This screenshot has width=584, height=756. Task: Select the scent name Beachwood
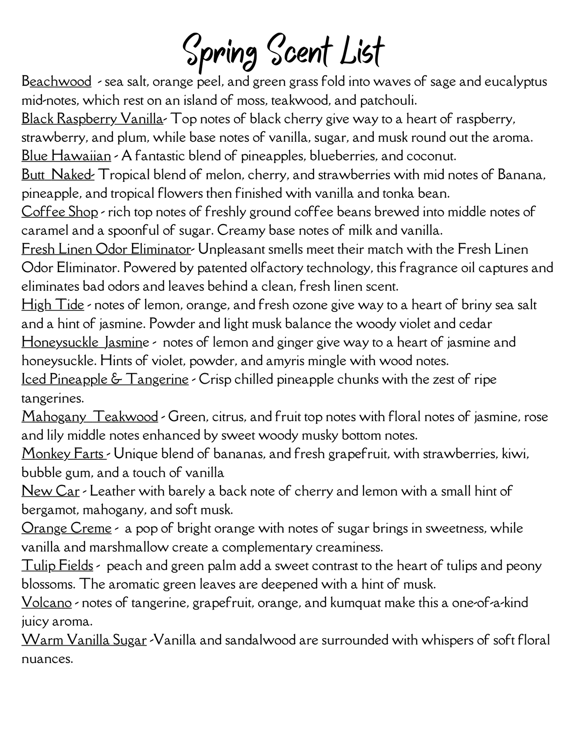click(x=56, y=82)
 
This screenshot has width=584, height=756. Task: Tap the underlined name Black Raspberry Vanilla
click(x=92, y=119)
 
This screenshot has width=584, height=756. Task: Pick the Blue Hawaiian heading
click(x=67, y=156)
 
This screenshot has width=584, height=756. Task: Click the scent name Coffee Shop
click(x=60, y=212)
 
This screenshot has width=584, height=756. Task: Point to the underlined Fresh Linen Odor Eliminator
click(x=106, y=249)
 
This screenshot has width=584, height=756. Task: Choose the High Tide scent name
click(x=53, y=305)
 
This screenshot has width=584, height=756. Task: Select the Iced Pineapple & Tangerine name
click(x=105, y=379)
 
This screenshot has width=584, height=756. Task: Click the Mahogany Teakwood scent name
click(x=90, y=417)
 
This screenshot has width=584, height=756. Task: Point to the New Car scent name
click(x=51, y=491)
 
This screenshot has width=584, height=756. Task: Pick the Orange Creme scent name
click(x=67, y=528)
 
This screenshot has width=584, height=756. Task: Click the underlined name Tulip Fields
click(x=57, y=565)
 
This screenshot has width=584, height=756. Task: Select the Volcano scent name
click(x=47, y=603)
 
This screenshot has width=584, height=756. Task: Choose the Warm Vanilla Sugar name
click(x=84, y=640)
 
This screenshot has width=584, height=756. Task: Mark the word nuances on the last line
click(x=47, y=659)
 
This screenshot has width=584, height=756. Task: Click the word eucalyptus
click(x=515, y=82)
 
